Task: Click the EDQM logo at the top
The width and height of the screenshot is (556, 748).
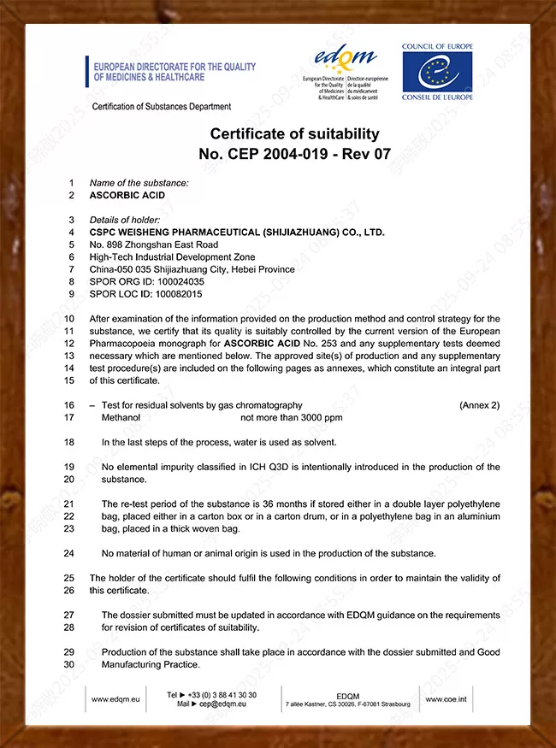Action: pyautogui.click(x=346, y=58)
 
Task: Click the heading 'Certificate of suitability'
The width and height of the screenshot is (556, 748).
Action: pyautogui.click(x=294, y=134)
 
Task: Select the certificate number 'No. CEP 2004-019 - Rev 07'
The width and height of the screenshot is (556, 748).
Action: pyautogui.click(x=294, y=154)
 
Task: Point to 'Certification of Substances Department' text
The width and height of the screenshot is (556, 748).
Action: pyautogui.click(x=162, y=107)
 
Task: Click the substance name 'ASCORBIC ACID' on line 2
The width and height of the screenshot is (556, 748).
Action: pyautogui.click(x=127, y=195)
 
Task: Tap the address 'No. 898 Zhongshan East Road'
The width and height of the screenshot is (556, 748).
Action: pyautogui.click(x=154, y=244)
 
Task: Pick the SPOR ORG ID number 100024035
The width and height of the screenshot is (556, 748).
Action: pyautogui.click(x=178, y=281)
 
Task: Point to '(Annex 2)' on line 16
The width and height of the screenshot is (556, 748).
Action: pyautogui.click(x=479, y=405)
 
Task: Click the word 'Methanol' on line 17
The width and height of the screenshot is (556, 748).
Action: pyautogui.click(x=121, y=417)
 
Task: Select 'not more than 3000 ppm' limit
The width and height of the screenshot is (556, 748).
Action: pyautogui.click(x=292, y=417)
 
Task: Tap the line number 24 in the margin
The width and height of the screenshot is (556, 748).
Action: pyautogui.click(x=69, y=553)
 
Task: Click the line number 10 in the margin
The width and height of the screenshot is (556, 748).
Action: pyautogui.click(x=69, y=318)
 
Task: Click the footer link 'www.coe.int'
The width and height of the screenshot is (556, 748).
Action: pyautogui.click(x=445, y=699)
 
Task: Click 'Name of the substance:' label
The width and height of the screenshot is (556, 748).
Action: pyautogui.click(x=139, y=183)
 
